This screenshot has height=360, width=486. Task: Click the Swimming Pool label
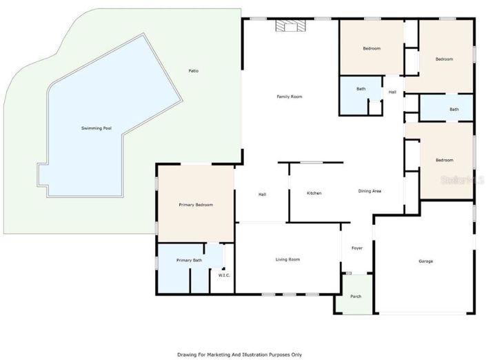[x=96, y=129]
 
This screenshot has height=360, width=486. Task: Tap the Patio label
[x=194, y=70]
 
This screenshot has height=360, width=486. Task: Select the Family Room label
[x=290, y=97]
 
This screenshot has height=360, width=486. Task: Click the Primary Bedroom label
[x=196, y=205]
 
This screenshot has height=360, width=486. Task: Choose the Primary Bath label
[x=189, y=260]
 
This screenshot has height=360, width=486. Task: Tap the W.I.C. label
[x=224, y=276]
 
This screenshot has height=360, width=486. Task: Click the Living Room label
[x=287, y=259]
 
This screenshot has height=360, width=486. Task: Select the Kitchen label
[x=314, y=193]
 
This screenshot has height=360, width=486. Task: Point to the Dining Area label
[x=370, y=191]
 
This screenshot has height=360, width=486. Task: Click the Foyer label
[x=357, y=248]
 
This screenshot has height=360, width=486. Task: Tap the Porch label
[x=356, y=297]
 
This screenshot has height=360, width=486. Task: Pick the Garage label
[x=426, y=261]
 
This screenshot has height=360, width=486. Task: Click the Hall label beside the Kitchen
[x=263, y=194]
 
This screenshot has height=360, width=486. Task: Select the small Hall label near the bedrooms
[x=392, y=92]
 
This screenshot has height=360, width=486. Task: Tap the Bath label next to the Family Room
[x=361, y=89]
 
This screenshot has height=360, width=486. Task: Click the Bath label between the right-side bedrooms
[x=454, y=109]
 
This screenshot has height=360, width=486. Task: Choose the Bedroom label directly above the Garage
[x=445, y=160]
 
